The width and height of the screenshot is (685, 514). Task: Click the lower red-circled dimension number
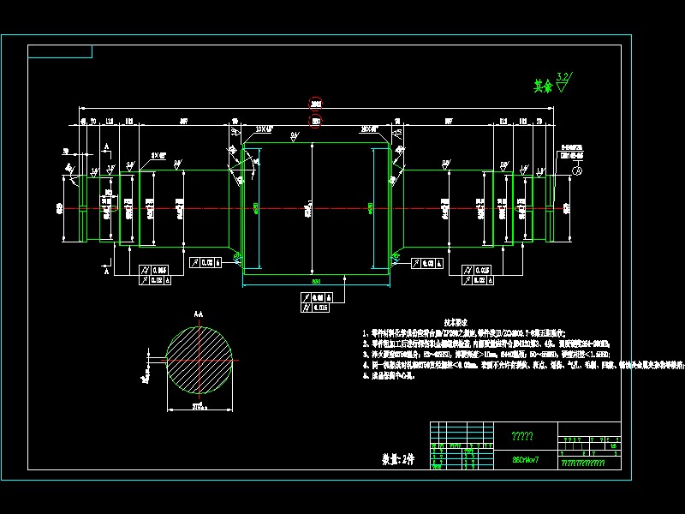coord(316,123)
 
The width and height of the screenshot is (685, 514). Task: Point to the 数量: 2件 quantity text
coord(397,459)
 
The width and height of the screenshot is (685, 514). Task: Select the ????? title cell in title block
coord(522,436)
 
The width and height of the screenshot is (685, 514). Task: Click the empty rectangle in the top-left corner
coord(60,51)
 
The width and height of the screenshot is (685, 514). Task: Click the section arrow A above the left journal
coord(106,148)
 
